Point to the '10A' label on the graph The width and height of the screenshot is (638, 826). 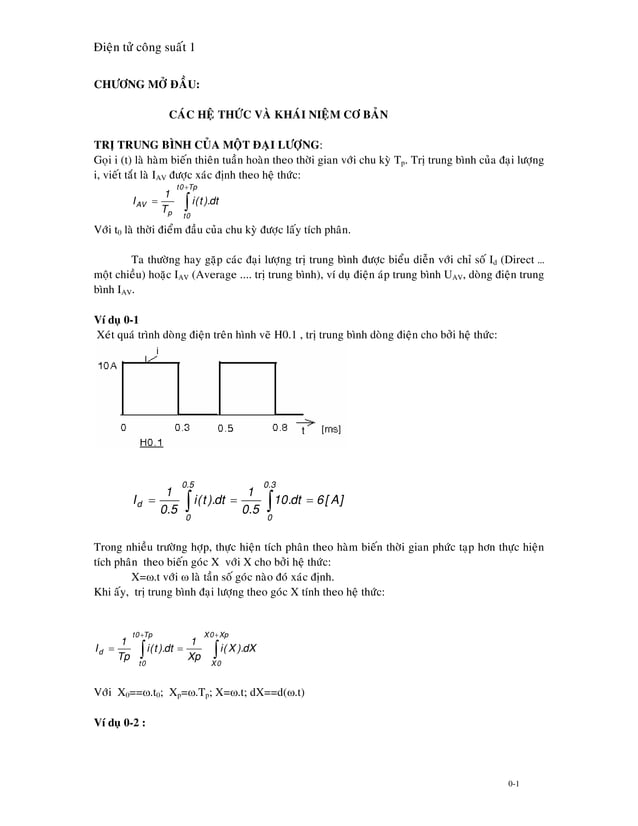coord(109,367)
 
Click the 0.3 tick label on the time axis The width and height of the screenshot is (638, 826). coord(183,427)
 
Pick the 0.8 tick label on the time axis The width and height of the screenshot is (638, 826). coord(280,427)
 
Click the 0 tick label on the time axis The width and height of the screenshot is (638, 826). coord(123,427)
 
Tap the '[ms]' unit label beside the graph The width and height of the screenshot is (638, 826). coord(331,428)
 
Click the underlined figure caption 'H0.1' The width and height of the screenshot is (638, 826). coord(152,441)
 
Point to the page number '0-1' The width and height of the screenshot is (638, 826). coord(512,784)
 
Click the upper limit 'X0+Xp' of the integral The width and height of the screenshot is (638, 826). coord(215,635)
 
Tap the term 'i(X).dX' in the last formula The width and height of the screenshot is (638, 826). coord(237,648)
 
